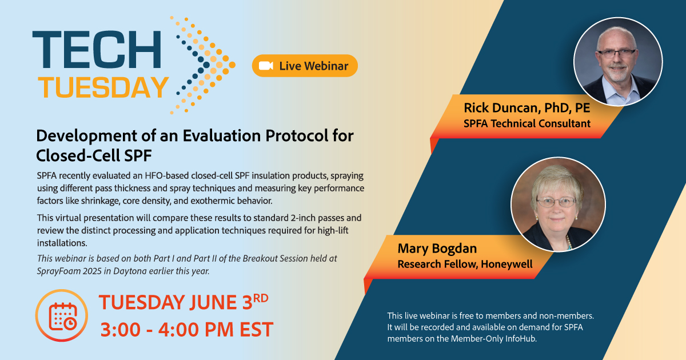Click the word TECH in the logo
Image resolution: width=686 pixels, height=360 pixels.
pyautogui.click(x=97, y=49)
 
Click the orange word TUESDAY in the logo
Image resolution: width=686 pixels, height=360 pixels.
pyautogui.click(x=103, y=87)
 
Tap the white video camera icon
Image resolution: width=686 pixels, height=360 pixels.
pyautogui.click(x=266, y=66)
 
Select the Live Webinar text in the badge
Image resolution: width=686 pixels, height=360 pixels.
pyautogui.click(x=314, y=66)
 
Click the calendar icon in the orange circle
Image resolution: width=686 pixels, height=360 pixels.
pyautogui.click(x=62, y=317)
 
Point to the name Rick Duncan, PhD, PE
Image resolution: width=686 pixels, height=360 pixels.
pyautogui.click(x=527, y=108)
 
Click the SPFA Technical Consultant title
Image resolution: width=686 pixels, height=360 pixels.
pyautogui.click(x=527, y=123)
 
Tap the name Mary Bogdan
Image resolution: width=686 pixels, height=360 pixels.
pyautogui.click(x=437, y=248)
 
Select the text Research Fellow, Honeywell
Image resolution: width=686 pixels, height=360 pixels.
pyautogui.click(x=465, y=264)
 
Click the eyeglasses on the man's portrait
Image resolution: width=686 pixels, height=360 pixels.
pyautogui.click(x=616, y=53)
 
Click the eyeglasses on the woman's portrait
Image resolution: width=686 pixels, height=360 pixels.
pyautogui.click(x=556, y=201)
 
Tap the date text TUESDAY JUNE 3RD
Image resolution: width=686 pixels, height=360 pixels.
pyautogui.click(x=184, y=302)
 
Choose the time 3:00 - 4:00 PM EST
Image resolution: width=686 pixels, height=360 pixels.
pyautogui.click(x=187, y=329)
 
